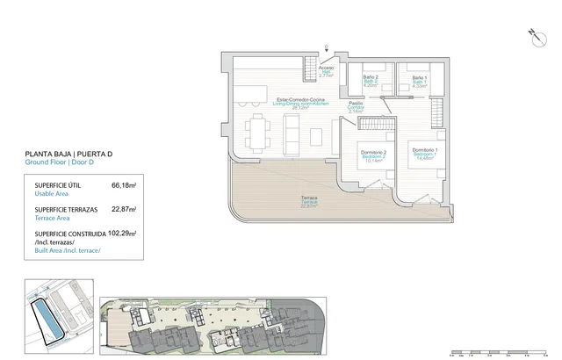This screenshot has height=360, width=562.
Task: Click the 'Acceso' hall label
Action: click(x=326, y=69)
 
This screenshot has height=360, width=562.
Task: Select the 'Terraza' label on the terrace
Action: click(x=309, y=199)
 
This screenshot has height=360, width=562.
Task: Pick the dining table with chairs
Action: click(x=257, y=132)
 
